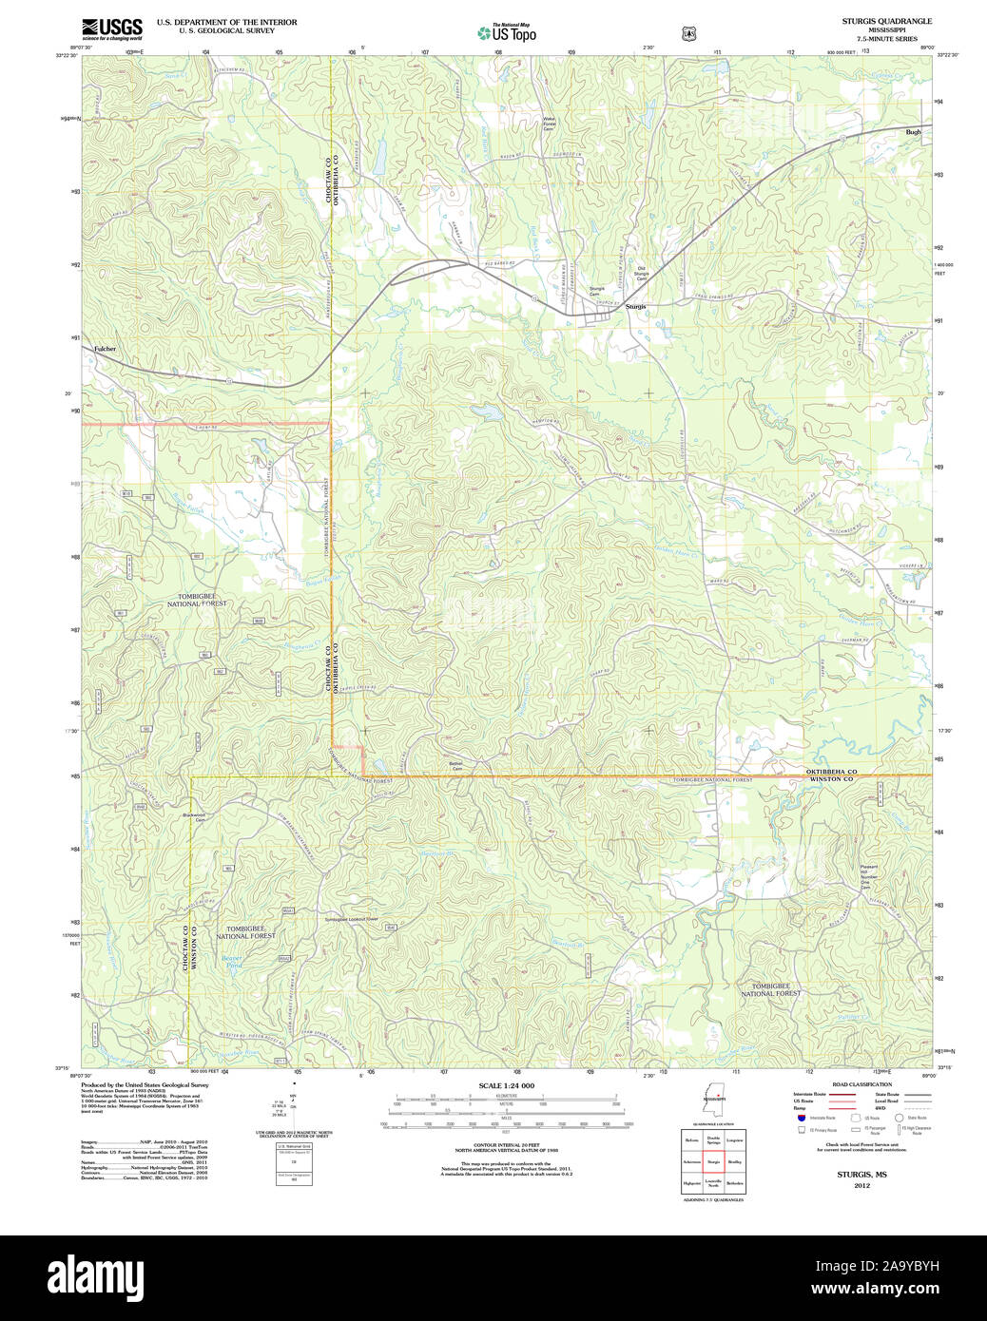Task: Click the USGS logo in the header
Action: click(111, 29)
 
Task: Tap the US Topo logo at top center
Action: click(507, 33)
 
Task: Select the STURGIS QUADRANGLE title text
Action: click(886, 21)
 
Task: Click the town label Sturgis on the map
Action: click(635, 307)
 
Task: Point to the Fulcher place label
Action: click(105, 349)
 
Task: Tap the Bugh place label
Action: click(914, 132)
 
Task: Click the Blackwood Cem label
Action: click(194, 816)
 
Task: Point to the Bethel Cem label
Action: click(456, 766)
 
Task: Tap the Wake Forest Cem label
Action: click(549, 124)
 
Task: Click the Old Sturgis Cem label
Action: click(641, 273)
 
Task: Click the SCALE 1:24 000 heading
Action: click(506, 1085)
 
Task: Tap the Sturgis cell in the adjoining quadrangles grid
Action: click(713, 1161)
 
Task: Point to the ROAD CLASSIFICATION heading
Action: click(861, 1084)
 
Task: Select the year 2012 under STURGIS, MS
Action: click(861, 1185)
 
